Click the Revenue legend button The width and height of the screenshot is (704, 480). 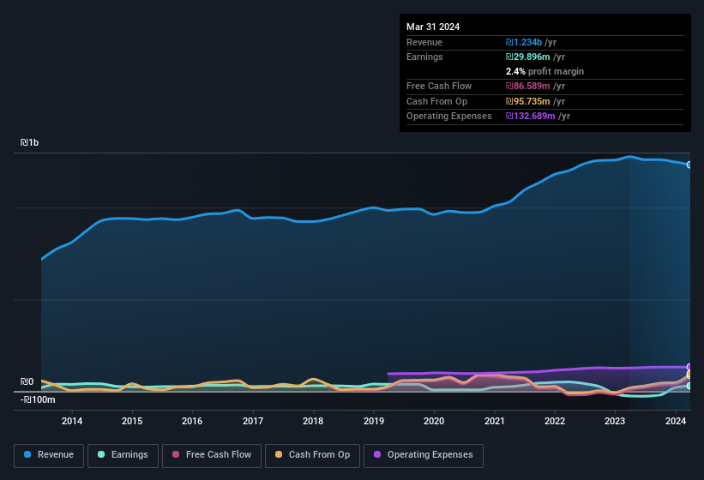tap(48, 454)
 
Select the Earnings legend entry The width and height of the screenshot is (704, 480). tap(123, 454)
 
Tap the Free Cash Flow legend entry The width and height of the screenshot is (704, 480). tap(212, 454)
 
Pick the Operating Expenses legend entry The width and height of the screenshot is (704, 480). tap(423, 454)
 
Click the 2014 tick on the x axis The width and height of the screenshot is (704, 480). tap(72, 421)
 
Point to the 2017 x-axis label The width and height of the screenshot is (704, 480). tap(253, 421)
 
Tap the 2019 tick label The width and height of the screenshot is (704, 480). tap(374, 421)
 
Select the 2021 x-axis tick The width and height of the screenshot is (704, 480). tap(494, 421)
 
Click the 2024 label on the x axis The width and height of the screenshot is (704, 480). tap(675, 421)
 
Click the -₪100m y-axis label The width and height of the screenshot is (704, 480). tap(39, 399)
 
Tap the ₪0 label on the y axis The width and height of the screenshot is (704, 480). tap(27, 382)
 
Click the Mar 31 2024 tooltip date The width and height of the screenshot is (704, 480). tap(433, 27)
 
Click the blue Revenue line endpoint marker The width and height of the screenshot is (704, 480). tap(689, 165)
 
